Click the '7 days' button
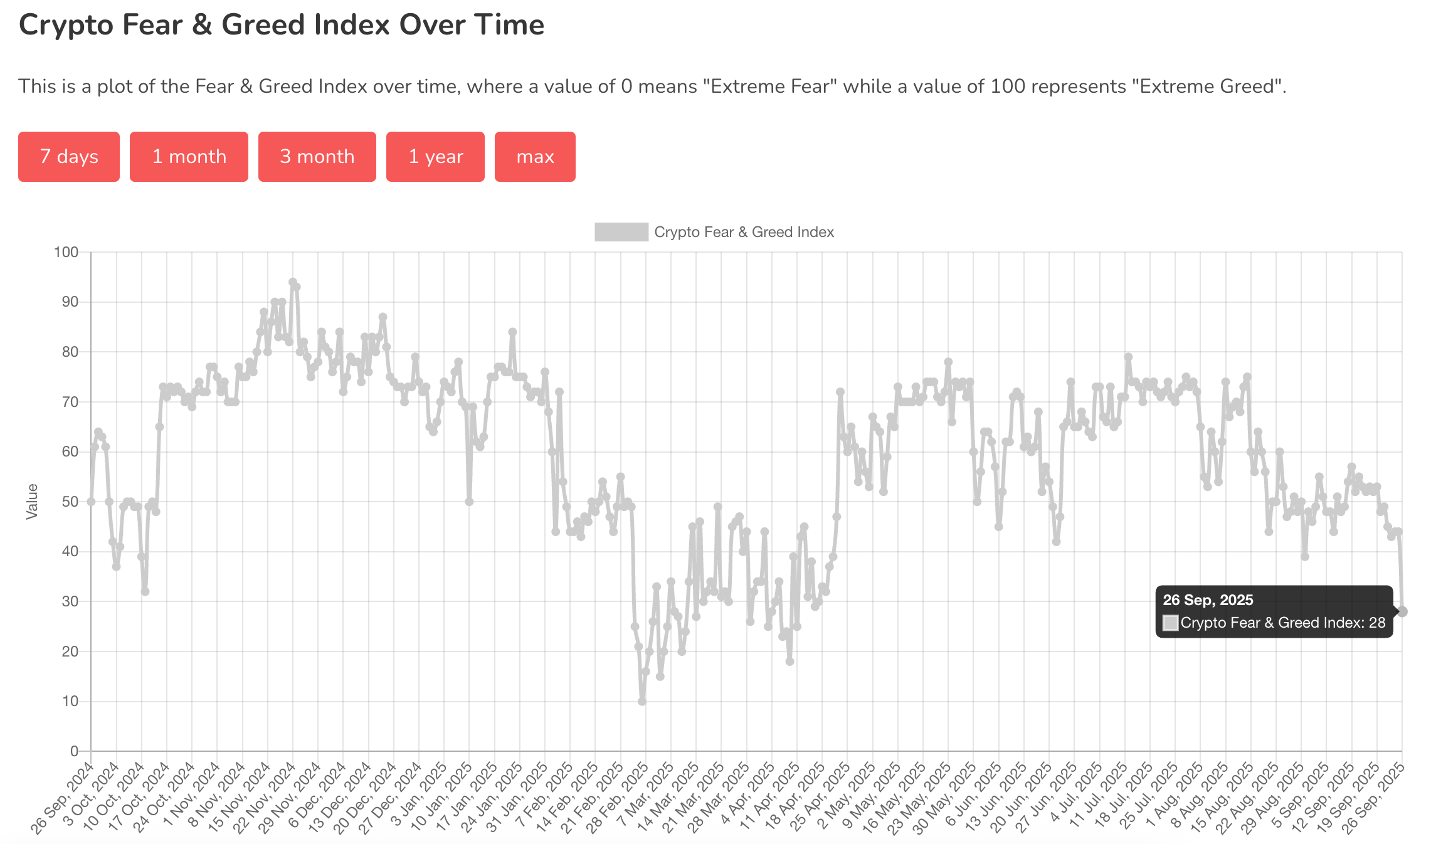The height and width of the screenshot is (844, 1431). click(69, 157)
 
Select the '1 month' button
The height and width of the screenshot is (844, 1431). click(189, 157)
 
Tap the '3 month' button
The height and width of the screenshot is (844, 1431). click(317, 157)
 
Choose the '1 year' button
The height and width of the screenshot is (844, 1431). click(435, 157)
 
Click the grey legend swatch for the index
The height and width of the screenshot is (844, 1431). click(621, 232)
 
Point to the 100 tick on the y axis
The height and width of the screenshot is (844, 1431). click(66, 252)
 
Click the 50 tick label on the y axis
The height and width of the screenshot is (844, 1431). click(70, 502)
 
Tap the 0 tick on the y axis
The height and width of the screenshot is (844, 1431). click(75, 751)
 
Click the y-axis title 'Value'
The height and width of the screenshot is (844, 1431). click(32, 502)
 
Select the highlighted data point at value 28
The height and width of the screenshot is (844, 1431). click(1402, 611)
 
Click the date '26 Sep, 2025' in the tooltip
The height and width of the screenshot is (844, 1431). click(1208, 600)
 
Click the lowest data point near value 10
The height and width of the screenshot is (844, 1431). click(642, 701)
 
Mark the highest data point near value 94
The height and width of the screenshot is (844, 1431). click(293, 282)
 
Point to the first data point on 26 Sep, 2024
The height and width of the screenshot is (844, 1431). click(91, 502)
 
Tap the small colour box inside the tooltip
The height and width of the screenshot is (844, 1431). click(1170, 623)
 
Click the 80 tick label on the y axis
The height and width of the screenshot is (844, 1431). click(70, 352)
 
